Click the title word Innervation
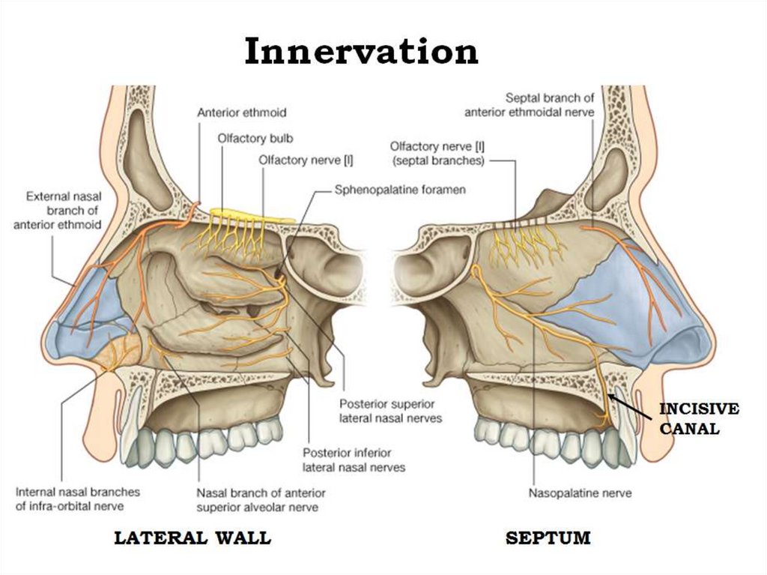point(361,51)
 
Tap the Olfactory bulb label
point(255,139)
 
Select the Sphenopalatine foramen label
point(400,190)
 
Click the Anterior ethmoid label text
point(242,112)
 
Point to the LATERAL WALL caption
point(192,538)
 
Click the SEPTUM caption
point(548,538)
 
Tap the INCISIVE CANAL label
point(699,419)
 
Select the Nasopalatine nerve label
point(580,493)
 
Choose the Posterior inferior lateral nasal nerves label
point(354,460)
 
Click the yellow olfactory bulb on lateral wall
point(252,215)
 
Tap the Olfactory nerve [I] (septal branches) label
point(437,153)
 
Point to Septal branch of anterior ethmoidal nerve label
point(530,105)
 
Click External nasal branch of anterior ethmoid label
point(58,211)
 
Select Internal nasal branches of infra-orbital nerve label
point(78,499)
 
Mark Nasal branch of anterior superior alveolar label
point(261,499)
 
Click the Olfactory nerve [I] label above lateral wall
point(306,160)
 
